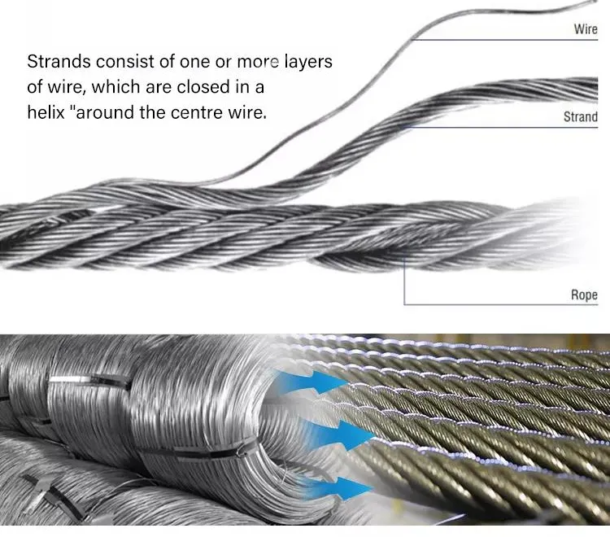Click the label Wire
point(586,28)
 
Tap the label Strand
point(581,116)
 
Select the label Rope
point(584,295)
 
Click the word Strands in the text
point(59,62)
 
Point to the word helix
point(46,112)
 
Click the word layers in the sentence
point(308,63)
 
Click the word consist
point(125,62)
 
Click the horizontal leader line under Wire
point(504,40)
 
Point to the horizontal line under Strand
point(501,127)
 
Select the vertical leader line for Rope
point(404,281)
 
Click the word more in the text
point(258,63)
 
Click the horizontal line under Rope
point(501,304)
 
